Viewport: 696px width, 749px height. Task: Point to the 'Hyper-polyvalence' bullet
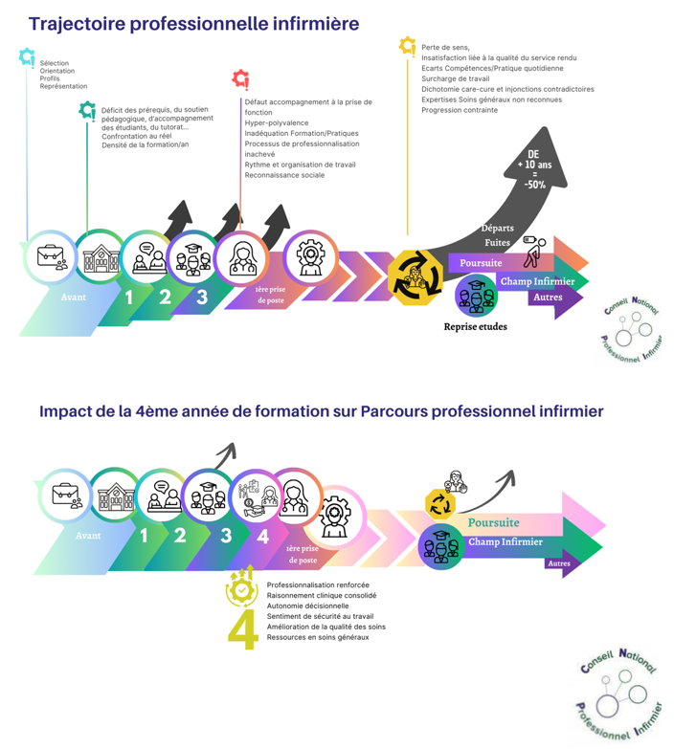[x=277, y=122]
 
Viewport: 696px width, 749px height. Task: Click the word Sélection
[x=55, y=63]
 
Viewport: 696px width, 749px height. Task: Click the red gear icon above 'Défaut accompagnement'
[x=240, y=78]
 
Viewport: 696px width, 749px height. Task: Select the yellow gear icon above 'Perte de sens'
[x=407, y=44]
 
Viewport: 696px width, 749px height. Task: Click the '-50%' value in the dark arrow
[x=534, y=185]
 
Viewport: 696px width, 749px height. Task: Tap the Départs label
[x=499, y=228]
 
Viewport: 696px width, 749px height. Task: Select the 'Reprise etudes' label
[x=475, y=326]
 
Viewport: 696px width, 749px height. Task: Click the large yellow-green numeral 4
[x=243, y=629]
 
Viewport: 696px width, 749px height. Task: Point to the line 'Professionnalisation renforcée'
[x=318, y=584]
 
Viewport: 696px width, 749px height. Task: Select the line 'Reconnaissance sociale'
[x=284, y=175]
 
